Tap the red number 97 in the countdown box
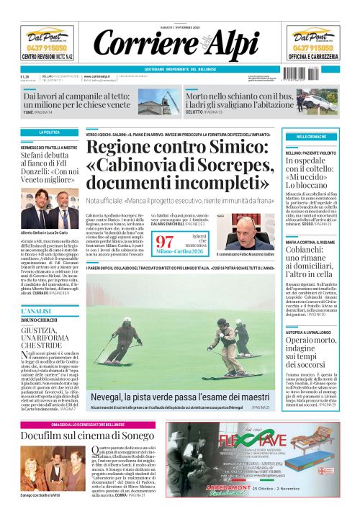coord(165,241)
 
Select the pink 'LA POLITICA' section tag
coord(50,132)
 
